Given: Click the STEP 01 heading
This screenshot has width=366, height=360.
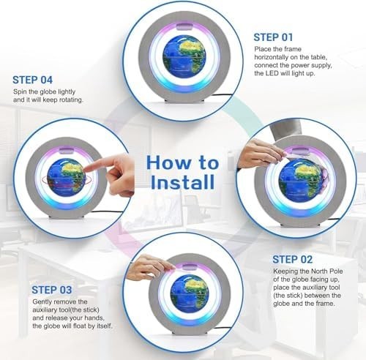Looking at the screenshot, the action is [273, 37].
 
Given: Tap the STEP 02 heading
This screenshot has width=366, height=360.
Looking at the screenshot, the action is [292, 260].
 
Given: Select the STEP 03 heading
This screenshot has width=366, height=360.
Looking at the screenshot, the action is [52, 290].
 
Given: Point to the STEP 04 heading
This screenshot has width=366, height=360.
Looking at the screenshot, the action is [32, 80].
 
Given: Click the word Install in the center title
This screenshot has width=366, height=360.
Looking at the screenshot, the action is [183, 182].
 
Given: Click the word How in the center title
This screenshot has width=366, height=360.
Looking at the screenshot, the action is [166, 163].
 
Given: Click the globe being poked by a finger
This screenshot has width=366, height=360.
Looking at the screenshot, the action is [67, 178].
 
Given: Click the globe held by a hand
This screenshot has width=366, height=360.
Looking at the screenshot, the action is [299, 180].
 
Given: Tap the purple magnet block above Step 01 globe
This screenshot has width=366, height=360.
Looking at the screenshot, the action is [184, 26].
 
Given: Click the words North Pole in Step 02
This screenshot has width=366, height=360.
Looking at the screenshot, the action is [326, 271].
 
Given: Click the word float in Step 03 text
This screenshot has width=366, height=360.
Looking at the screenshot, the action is [86, 326].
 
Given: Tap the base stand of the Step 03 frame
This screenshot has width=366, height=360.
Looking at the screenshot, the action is [190, 334].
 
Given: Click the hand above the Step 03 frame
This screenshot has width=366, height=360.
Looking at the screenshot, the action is [152, 266].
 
